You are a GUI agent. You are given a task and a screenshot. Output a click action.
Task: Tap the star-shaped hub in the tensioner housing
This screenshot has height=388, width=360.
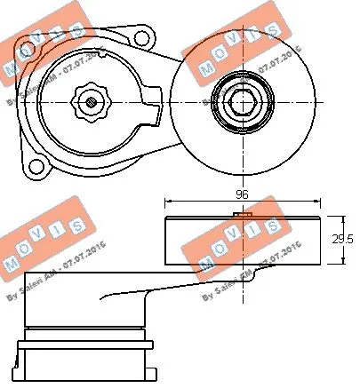click(92, 100)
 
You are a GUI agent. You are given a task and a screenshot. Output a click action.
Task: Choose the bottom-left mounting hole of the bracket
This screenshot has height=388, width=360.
click(36, 164)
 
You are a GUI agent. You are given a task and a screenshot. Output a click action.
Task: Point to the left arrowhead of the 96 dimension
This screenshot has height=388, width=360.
click(167, 202)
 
